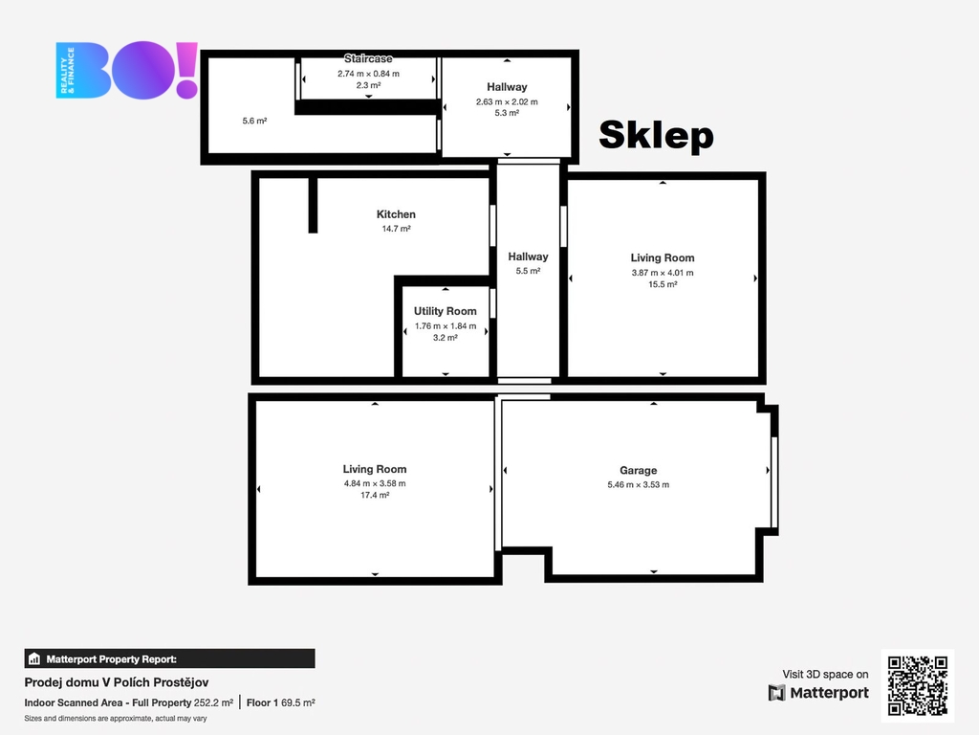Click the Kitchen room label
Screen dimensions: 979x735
(396, 214)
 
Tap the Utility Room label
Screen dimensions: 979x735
(446, 311)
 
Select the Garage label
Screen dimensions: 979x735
(638, 471)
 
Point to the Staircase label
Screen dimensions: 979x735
(368, 58)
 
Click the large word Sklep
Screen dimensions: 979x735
(656, 136)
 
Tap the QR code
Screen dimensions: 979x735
(918, 685)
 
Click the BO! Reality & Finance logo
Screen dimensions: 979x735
(127, 70)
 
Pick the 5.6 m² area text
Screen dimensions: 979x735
(254, 121)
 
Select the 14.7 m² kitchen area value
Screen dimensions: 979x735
(396, 229)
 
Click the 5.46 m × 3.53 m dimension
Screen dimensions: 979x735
(638, 485)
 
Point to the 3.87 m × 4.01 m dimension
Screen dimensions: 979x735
(663, 273)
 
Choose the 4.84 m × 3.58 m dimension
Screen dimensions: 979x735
(375, 483)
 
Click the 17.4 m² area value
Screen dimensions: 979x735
(375, 495)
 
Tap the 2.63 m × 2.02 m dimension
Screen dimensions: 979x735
(507, 101)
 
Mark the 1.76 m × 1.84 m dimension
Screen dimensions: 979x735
(446, 325)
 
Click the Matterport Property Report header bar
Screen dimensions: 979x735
(170, 658)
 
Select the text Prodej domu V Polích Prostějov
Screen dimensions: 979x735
(117, 682)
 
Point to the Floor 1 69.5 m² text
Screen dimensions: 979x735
(281, 702)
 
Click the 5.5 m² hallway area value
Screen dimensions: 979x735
(528, 271)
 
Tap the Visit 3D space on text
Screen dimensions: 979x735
(825, 675)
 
